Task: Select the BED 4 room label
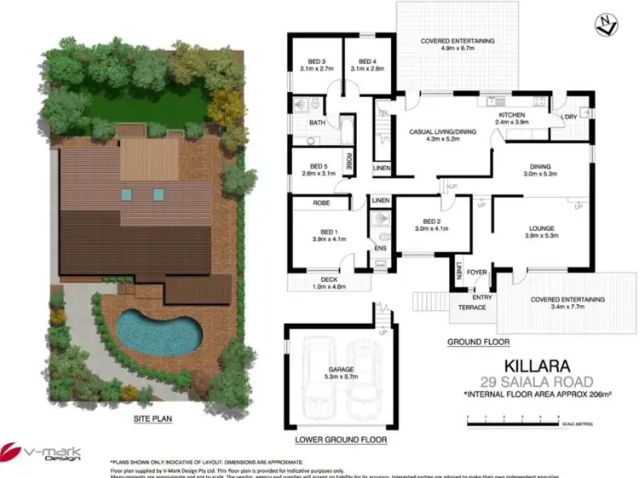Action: (x=367, y=61)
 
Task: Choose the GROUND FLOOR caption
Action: (x=478, y=343)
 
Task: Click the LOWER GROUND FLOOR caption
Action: (x=341, y=441)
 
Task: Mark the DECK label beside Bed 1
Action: (x=328, y=279)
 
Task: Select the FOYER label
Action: (x=475, y=274)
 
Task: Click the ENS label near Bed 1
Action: (x=380, y=249)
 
